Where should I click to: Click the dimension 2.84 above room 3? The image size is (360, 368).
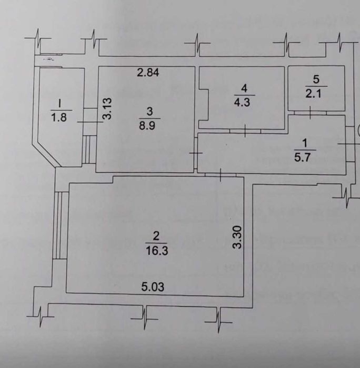pos(148,73)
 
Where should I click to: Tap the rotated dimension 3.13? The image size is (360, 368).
pos(107,108)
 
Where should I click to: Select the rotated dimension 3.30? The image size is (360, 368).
pos(238,238)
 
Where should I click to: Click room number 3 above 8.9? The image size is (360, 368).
pos(149,111)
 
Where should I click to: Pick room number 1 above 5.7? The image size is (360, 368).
pos(302,142)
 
